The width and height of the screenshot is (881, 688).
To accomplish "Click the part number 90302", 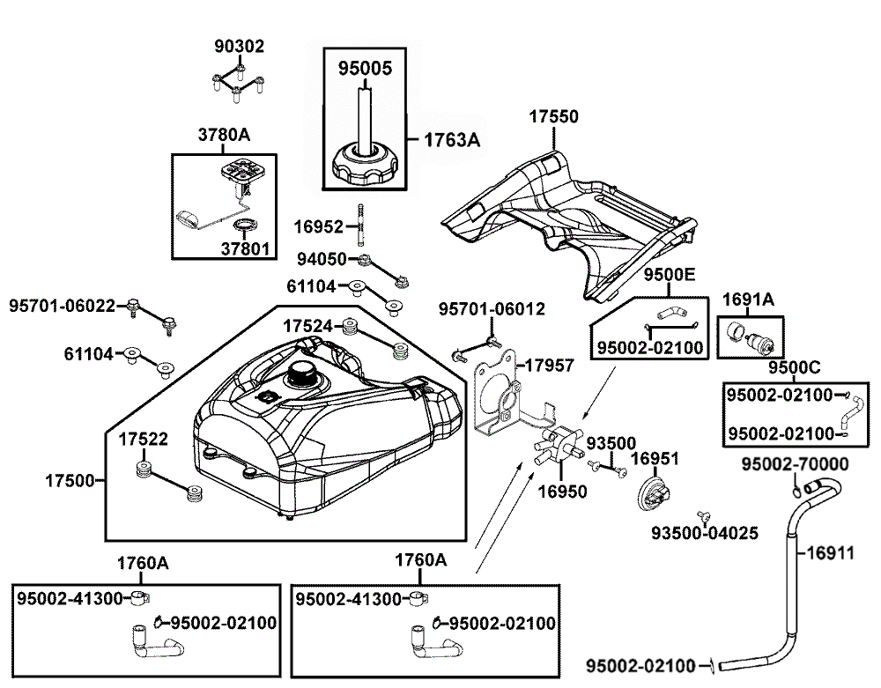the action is [x=240, y=46].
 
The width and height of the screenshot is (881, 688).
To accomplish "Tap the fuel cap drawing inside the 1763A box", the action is [x=364, y=166].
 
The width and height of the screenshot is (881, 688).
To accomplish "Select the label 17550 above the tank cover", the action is [x=554, y=117].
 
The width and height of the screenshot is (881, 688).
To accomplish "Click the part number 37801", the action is [x=246, y=248].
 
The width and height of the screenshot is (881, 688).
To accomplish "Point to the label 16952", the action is [x=318, y=227].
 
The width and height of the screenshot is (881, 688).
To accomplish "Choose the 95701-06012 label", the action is [x=492, y=309].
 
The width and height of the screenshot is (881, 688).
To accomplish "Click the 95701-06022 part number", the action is [x=63, y=306].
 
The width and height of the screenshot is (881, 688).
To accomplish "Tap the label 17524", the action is [x=307, y=326].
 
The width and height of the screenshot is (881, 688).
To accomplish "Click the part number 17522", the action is [x=143, y=439].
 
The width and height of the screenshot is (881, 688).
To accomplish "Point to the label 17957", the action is [x=549, y=366].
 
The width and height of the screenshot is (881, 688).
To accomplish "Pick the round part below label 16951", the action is [x=653, y=492].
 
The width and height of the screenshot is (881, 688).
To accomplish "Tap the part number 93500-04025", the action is [x=705, y=532].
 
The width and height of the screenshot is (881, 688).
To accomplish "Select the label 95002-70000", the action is [x=795, y=464].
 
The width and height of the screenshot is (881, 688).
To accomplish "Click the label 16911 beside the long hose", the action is [x=830, y=553].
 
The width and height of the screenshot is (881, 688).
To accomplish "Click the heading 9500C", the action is [x=795, y=368].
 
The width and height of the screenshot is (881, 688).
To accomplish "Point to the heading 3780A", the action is [x=224, y=135].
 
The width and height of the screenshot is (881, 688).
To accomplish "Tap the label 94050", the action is [x=322, y=259].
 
